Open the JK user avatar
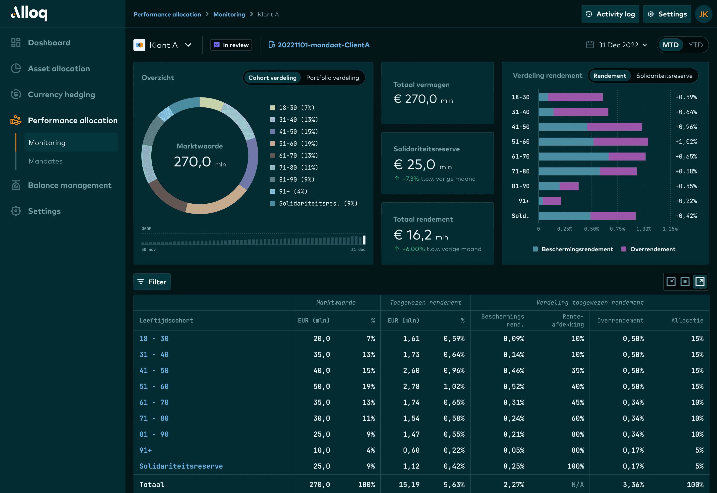703,14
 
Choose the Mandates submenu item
45,161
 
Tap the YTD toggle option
695,45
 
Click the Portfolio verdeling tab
332,78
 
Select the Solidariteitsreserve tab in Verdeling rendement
664,76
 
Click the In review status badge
231,45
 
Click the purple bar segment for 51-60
620,142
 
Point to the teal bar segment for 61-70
573,157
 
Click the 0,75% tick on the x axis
617,229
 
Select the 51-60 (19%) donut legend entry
298,144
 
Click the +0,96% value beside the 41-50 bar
686,127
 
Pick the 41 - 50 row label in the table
154,370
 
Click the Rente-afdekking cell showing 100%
575,466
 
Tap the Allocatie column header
687,321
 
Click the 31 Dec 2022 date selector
618,45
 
